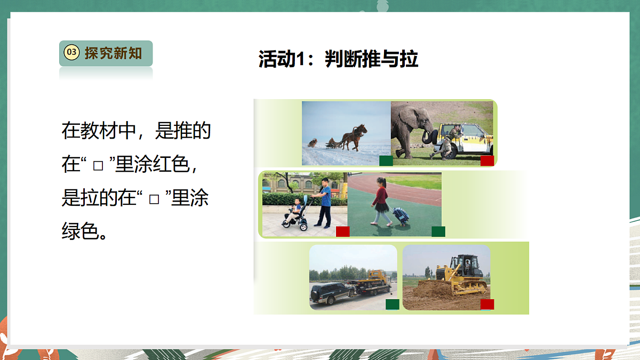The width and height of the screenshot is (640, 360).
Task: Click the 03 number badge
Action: pos(71,53)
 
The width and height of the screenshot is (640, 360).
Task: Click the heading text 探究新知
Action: pos(113,53)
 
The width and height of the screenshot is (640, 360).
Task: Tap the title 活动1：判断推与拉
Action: pos(338,59)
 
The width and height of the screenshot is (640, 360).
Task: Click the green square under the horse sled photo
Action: pos(386,161)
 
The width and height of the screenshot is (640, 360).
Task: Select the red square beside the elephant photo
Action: pos(487,161)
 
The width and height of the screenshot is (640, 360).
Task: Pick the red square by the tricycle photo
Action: pos(342,231)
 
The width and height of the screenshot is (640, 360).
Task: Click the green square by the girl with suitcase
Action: pos(438,231)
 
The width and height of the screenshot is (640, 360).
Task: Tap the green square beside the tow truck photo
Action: pos(393,304)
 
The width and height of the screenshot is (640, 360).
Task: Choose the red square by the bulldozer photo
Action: pos(487,304)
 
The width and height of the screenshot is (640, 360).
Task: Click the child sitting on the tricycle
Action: pos(295,211)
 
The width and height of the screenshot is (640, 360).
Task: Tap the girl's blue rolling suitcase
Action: pos(401,215)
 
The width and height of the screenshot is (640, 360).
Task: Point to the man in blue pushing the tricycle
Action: pos(324,203)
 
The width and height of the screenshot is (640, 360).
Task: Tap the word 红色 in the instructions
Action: pos(171,164)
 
